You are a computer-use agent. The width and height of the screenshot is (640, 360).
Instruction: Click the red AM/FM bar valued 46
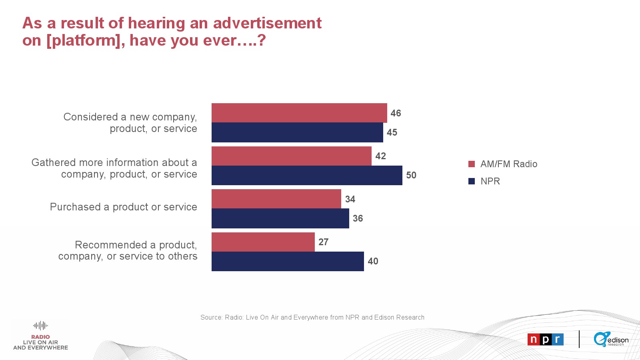299,113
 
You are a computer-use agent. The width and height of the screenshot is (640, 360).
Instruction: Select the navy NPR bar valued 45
297,132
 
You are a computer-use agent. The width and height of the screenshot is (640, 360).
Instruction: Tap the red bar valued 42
292,156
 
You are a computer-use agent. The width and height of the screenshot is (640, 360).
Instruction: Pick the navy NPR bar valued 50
307,175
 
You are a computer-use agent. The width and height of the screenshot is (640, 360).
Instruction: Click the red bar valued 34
276,199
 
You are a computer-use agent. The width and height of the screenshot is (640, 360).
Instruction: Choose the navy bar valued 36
280,218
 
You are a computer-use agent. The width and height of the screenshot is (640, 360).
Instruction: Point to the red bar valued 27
263,242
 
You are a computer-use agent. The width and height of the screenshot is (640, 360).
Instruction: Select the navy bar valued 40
288,261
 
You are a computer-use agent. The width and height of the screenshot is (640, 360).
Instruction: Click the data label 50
411,175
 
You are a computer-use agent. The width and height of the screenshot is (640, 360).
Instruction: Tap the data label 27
323,242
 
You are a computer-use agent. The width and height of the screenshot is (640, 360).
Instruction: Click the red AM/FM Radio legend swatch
472,164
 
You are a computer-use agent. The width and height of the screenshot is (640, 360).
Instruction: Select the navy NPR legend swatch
472,181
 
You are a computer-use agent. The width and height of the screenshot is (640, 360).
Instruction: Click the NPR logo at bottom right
546,340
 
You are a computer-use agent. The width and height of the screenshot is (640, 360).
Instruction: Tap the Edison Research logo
611,339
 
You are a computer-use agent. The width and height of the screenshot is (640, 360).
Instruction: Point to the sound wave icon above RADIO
40,326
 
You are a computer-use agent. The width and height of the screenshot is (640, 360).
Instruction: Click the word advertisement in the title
267,23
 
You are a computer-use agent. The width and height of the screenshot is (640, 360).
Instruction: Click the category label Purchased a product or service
123,207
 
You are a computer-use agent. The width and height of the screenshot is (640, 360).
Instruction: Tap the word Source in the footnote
211,317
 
